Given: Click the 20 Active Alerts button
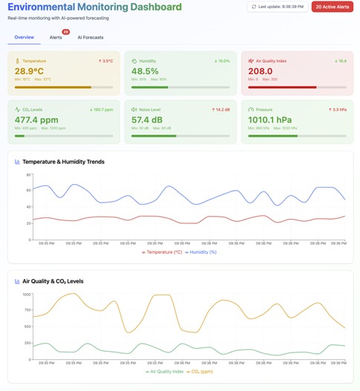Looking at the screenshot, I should coord(332,7).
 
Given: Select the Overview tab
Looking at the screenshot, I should coord(24,36).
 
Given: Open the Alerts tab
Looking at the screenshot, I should coord(56,36).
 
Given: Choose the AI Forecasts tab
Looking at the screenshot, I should coord(91,36).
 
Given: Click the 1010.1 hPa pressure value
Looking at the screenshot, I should coord(272,119).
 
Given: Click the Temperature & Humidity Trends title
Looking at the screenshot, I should coord(63,161).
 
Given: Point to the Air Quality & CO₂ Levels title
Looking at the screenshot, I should coord(58,281).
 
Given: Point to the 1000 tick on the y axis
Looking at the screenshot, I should coord(26,295).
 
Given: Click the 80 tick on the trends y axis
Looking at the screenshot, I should coord(28,175).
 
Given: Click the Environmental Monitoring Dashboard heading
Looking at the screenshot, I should coord(94,7).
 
